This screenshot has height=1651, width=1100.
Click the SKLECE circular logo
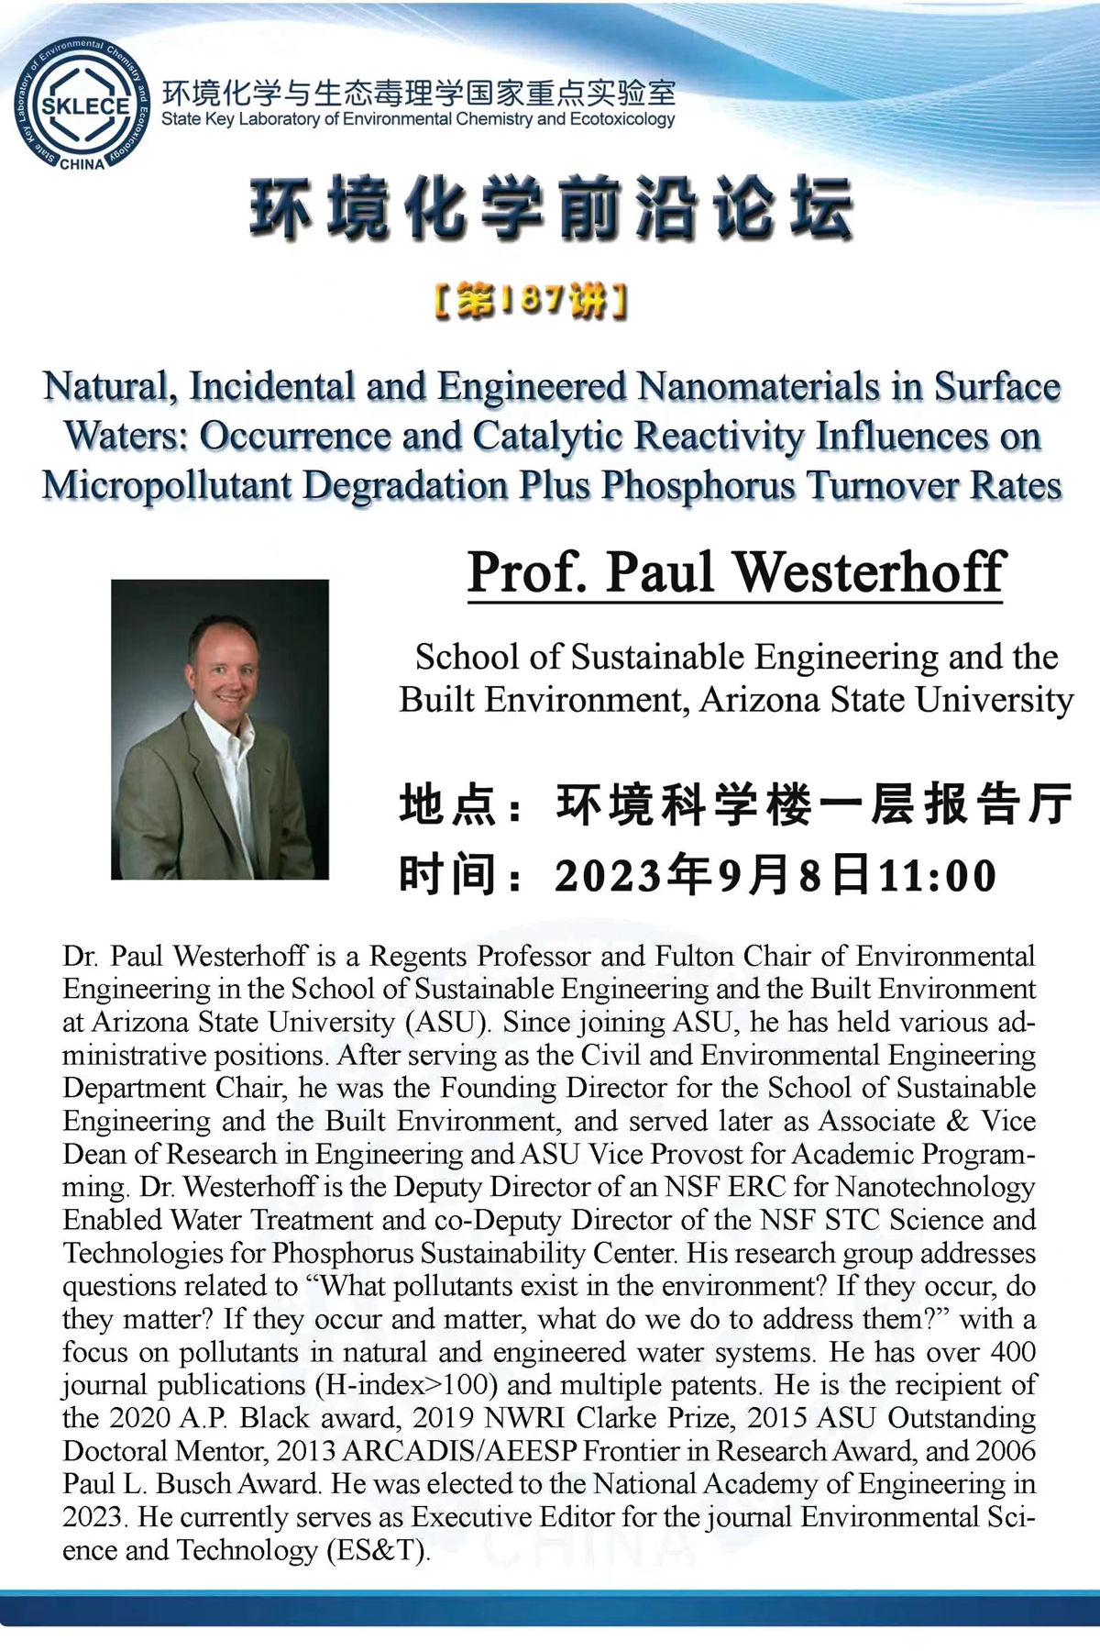[x=82, y=105]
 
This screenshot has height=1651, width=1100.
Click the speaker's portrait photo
[x=220, y=729]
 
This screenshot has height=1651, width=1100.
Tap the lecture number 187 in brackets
[x=532, y=300]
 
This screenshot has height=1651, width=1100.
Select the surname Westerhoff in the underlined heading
[x=870, y=572]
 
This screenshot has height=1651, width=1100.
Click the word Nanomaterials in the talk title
[x=758, y=387]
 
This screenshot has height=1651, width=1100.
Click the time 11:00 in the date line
[x=937, y=875]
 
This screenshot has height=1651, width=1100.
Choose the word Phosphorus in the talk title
[x=698, y=485]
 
